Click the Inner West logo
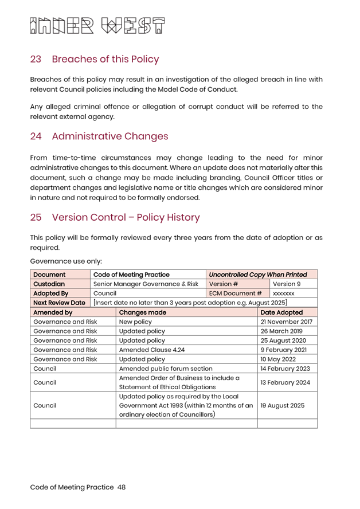(97, 26)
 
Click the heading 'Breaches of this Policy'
(105, 59)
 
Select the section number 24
(36, 136)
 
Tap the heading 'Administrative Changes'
(110, 136)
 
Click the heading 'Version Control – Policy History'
(126, 217)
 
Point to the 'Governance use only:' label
(66, 261)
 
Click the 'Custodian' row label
(49, 284)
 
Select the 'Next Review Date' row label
(59, 303)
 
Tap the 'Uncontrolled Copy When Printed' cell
(258, 275)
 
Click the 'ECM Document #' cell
(236, 293)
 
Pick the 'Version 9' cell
(286, 284)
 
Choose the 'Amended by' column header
(53, 312)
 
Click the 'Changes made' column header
(143, 312)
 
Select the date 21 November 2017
(286, 322)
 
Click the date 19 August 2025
(282, 405)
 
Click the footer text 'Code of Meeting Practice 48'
(78, 487)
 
